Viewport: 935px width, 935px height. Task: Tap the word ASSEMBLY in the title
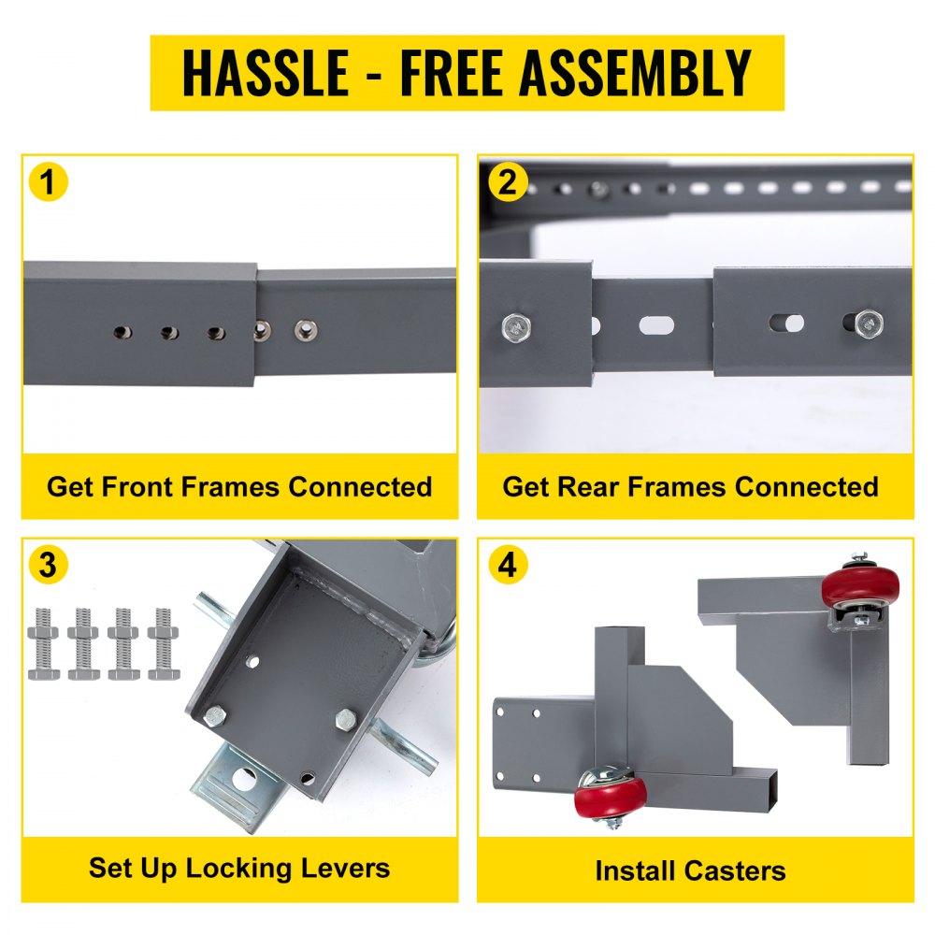637,73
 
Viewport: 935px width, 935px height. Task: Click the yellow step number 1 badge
49,181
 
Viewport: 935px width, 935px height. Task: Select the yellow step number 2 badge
507,181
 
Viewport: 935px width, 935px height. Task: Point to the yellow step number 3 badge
49,565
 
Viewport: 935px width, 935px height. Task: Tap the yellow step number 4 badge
507,565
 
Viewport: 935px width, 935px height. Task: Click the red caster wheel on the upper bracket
859,588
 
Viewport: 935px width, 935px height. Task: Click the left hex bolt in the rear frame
514,325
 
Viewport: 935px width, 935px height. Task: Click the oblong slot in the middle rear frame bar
655,326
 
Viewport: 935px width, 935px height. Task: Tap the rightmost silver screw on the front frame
303,330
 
